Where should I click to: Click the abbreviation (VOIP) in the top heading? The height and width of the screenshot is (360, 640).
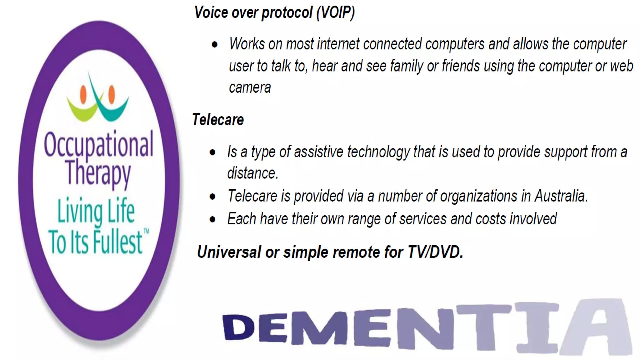coord(335,12)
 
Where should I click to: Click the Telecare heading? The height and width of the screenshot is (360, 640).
coord(218,120)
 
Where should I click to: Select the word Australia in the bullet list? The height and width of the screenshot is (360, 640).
coord(561,196)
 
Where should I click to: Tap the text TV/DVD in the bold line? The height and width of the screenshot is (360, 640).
coord(435,252)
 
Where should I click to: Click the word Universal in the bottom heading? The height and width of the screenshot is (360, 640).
coord(229,252)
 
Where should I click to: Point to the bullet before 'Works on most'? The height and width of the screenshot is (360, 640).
coord(214,45)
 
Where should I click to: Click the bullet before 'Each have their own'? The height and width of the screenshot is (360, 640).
coord(212,219)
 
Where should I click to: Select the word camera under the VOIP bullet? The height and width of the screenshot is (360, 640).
coord(250,87)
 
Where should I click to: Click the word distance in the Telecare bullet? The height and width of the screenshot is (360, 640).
coord(252,173)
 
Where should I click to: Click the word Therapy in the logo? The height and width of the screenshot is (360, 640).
coord(98,172)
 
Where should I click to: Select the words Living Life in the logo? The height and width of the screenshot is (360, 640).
coord(96,211)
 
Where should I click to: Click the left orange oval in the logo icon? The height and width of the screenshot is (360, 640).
coord(83,95)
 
